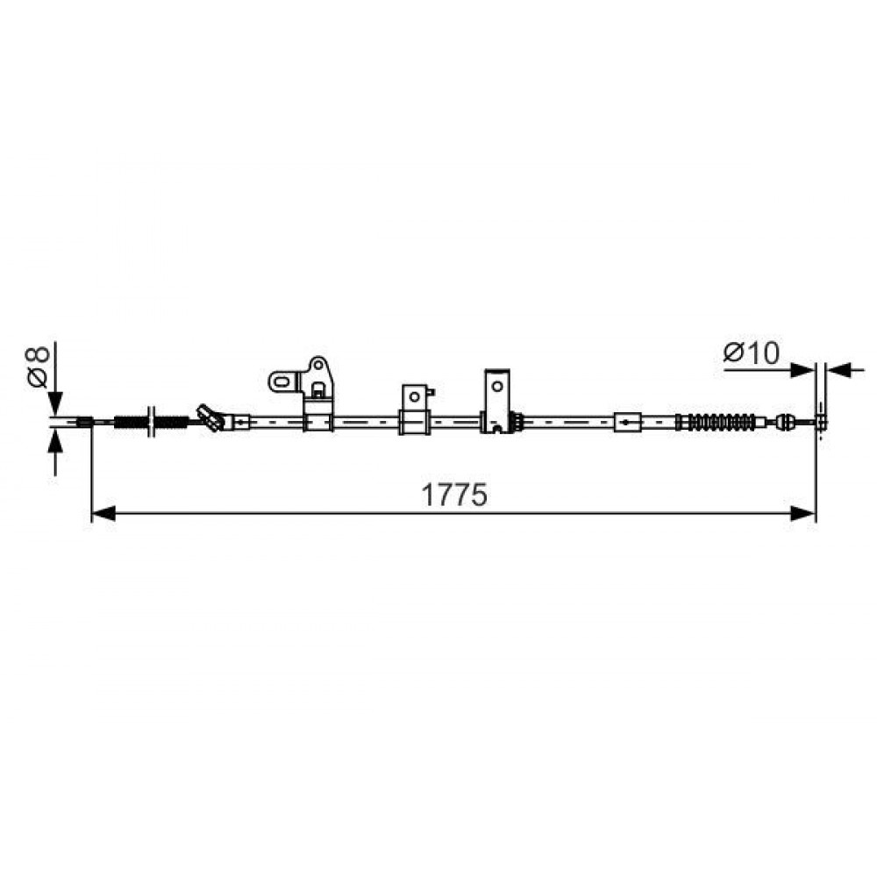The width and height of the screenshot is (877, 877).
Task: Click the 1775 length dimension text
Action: coord(453,495)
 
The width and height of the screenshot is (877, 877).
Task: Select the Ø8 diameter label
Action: coord(38,367)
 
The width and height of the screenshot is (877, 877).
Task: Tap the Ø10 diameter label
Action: coord(752,353)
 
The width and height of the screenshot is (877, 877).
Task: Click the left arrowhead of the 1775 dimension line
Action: coord(103,513)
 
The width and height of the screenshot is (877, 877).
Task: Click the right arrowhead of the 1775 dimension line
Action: coord(802,513)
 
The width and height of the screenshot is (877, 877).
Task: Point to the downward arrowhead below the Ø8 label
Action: coord(54,403)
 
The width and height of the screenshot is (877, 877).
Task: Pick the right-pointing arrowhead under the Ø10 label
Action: coord(802,370)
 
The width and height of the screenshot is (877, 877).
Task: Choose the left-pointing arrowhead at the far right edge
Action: coord(838,370)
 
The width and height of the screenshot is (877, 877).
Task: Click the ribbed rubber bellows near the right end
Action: coord(718,422)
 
